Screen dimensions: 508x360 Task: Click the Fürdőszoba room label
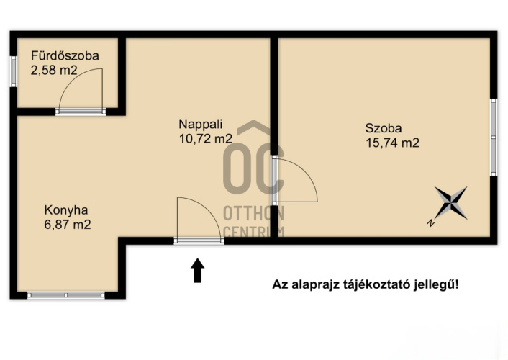pyautogui.click(x=65, y=55)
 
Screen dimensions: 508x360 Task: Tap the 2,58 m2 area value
pyautogui.click(x=54, y=70)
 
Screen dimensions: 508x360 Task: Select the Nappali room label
pyautogui.click(x=201, y=124)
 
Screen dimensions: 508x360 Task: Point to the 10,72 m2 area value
pyautogui.click(x=206, y=139)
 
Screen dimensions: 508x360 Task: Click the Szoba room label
pyautogui.click(x=384, y=128)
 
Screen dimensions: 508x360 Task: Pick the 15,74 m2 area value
pyautogui.click(x=393, y=143)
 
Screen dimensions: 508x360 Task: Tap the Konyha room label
pyautogui.click(x=66, y=210)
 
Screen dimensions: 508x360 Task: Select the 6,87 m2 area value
pyautogui.click(x=68, y=225)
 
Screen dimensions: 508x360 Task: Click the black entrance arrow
pyautogui.click(x=197, y=270)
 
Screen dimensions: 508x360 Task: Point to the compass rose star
pyautogui.click(x=451, y=203)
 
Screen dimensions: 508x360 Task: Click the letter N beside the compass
pyautogui.click(x=430, y=222)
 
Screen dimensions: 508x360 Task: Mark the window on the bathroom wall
pyautogui.click(x=13, y=71)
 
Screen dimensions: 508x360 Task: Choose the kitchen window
pyautogui.click(x=66, y=295)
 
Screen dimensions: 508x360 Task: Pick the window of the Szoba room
pyautogui.click(x=494, y=138)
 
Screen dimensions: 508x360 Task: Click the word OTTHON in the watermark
pyautogui.click(x=254, y=213)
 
